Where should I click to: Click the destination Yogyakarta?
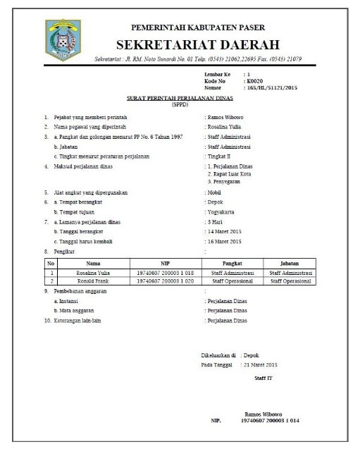click(220, 211)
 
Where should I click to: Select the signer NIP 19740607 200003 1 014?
click(270, 421)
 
